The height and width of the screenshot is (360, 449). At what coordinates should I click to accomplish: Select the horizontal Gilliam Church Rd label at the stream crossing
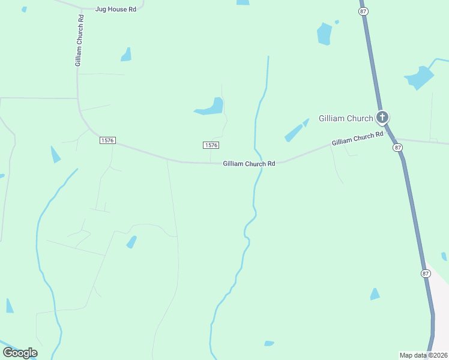coord(249,163)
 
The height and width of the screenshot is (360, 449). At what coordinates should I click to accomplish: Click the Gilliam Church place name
coord(346,117)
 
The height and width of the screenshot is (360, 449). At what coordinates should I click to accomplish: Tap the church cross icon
coord(382,117)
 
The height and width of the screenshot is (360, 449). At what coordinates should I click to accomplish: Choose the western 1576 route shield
coord(107,140)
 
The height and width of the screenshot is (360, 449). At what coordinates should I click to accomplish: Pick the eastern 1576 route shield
coord(211,145)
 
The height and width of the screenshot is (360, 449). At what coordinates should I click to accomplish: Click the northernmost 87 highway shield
coord(363,11)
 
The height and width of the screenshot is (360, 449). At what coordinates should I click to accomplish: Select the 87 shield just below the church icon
coord(397,147)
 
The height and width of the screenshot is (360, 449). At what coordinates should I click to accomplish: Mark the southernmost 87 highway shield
coord(426,273)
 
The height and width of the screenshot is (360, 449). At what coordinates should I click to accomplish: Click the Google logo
coord(20,352)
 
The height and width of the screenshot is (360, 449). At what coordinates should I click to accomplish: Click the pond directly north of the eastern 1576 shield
coord(211,107)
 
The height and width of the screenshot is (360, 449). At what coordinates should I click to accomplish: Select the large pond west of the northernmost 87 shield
coord(324,34)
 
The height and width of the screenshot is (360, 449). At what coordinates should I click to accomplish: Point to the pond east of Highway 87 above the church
coord(420,78)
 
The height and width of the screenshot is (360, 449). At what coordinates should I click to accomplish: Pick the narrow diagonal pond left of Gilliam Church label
coord(296,131)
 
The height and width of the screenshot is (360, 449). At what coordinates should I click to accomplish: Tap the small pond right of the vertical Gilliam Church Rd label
coord(126,55)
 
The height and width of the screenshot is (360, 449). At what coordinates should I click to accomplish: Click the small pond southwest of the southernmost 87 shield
coord(375,294)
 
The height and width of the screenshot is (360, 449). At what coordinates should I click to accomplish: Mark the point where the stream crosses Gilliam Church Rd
coord(261,163)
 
